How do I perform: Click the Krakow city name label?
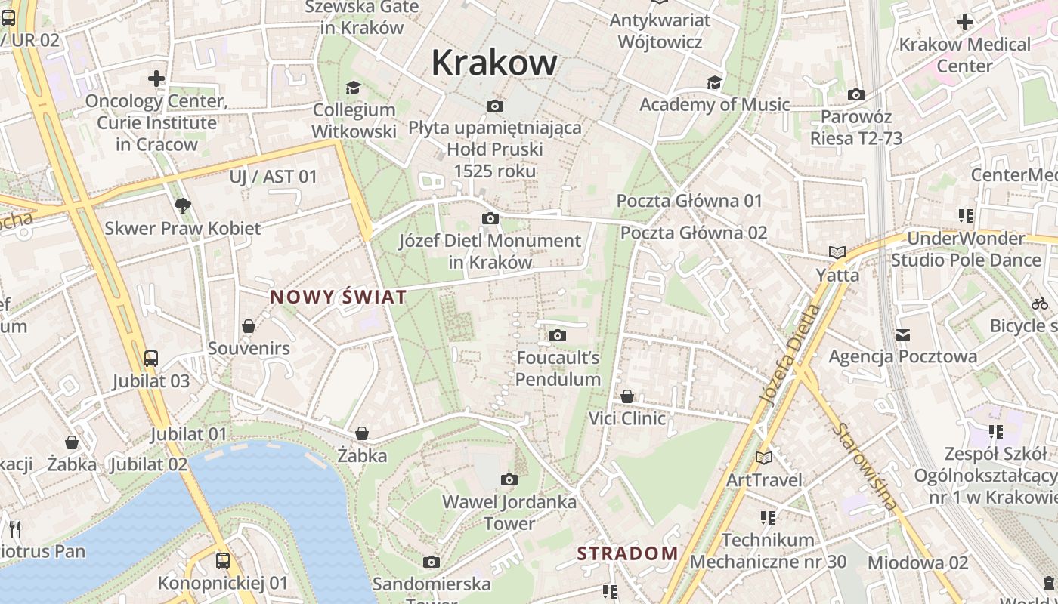(x=494, y=63)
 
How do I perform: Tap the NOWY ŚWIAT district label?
(x=339, y=297)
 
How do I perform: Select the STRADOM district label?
(x=628, y=553)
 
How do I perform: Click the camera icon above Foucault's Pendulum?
(x=558, y=335)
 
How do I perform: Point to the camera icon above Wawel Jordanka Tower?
(x=509, y=479)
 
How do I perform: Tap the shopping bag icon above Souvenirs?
(x=249, y=326)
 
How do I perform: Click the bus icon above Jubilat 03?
(x=151, y=358)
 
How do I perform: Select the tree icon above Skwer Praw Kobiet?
(x=182, y=205)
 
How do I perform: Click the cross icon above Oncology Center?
(x=156, y=78)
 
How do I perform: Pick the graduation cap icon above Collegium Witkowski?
(x=352, y=88)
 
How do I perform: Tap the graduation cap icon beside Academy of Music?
(x=714, y=82)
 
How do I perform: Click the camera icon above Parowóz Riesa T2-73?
(x=855, y=94)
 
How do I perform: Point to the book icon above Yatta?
(x=837, y=252)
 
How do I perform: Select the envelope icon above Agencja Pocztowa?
(x=902, y=334)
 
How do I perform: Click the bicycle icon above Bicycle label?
(x=1040, y=304)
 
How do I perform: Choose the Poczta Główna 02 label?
(x=694, y=233)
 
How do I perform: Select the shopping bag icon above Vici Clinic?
(x=627, y=396)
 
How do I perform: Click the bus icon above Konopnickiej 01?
(x=222, y=561)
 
